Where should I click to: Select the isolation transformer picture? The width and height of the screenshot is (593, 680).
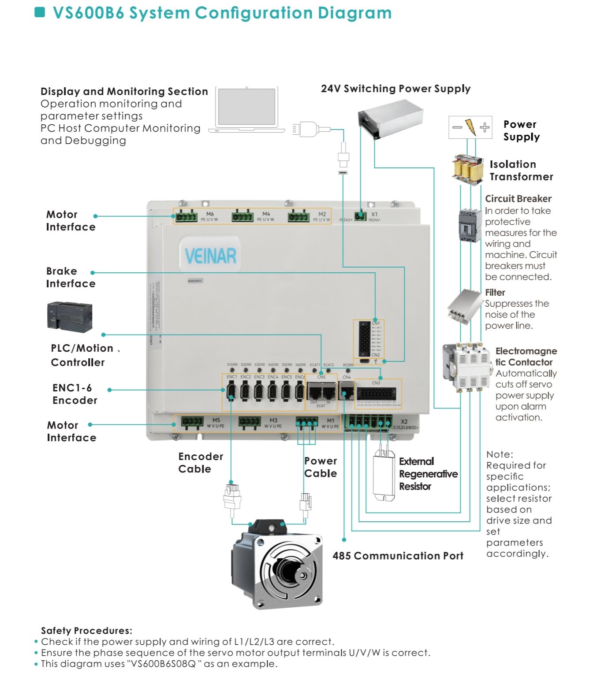pyautogui.click(x=468, y=169)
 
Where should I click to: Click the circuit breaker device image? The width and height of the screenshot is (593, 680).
pyautogui.click(x=469, y=225)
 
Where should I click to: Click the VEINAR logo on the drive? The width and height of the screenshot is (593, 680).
pyautogui.click(x=210, y=256)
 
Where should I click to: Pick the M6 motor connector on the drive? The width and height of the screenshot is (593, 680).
pyautogui.click(x=186, y=216)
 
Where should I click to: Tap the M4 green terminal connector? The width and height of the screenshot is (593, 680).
pyautogui.click(x=242, y=216)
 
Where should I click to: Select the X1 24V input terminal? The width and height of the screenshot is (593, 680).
pyautogui.click(x=360, y=216)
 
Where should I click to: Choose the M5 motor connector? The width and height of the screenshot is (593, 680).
pyautogui.click(x=193, y=422)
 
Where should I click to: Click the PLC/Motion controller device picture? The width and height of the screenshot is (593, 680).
pyautogui.click(x=70, y=316)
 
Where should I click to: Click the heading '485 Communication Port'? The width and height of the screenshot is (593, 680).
pyautogui.click(x=398, y=556)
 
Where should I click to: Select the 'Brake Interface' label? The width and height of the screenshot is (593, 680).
pyautogui.click(x=71, y=277)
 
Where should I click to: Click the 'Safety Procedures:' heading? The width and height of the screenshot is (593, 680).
pyautogui.click(x=86, y=630)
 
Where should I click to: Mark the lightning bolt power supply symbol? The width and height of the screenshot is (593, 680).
pyautogui.click(x=470, y=127)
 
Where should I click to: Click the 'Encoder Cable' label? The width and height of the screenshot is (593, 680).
pyautogui.click(x=201, y=462)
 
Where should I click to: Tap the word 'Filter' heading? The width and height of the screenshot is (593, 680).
pyautogui.click(x=495, y=292)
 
